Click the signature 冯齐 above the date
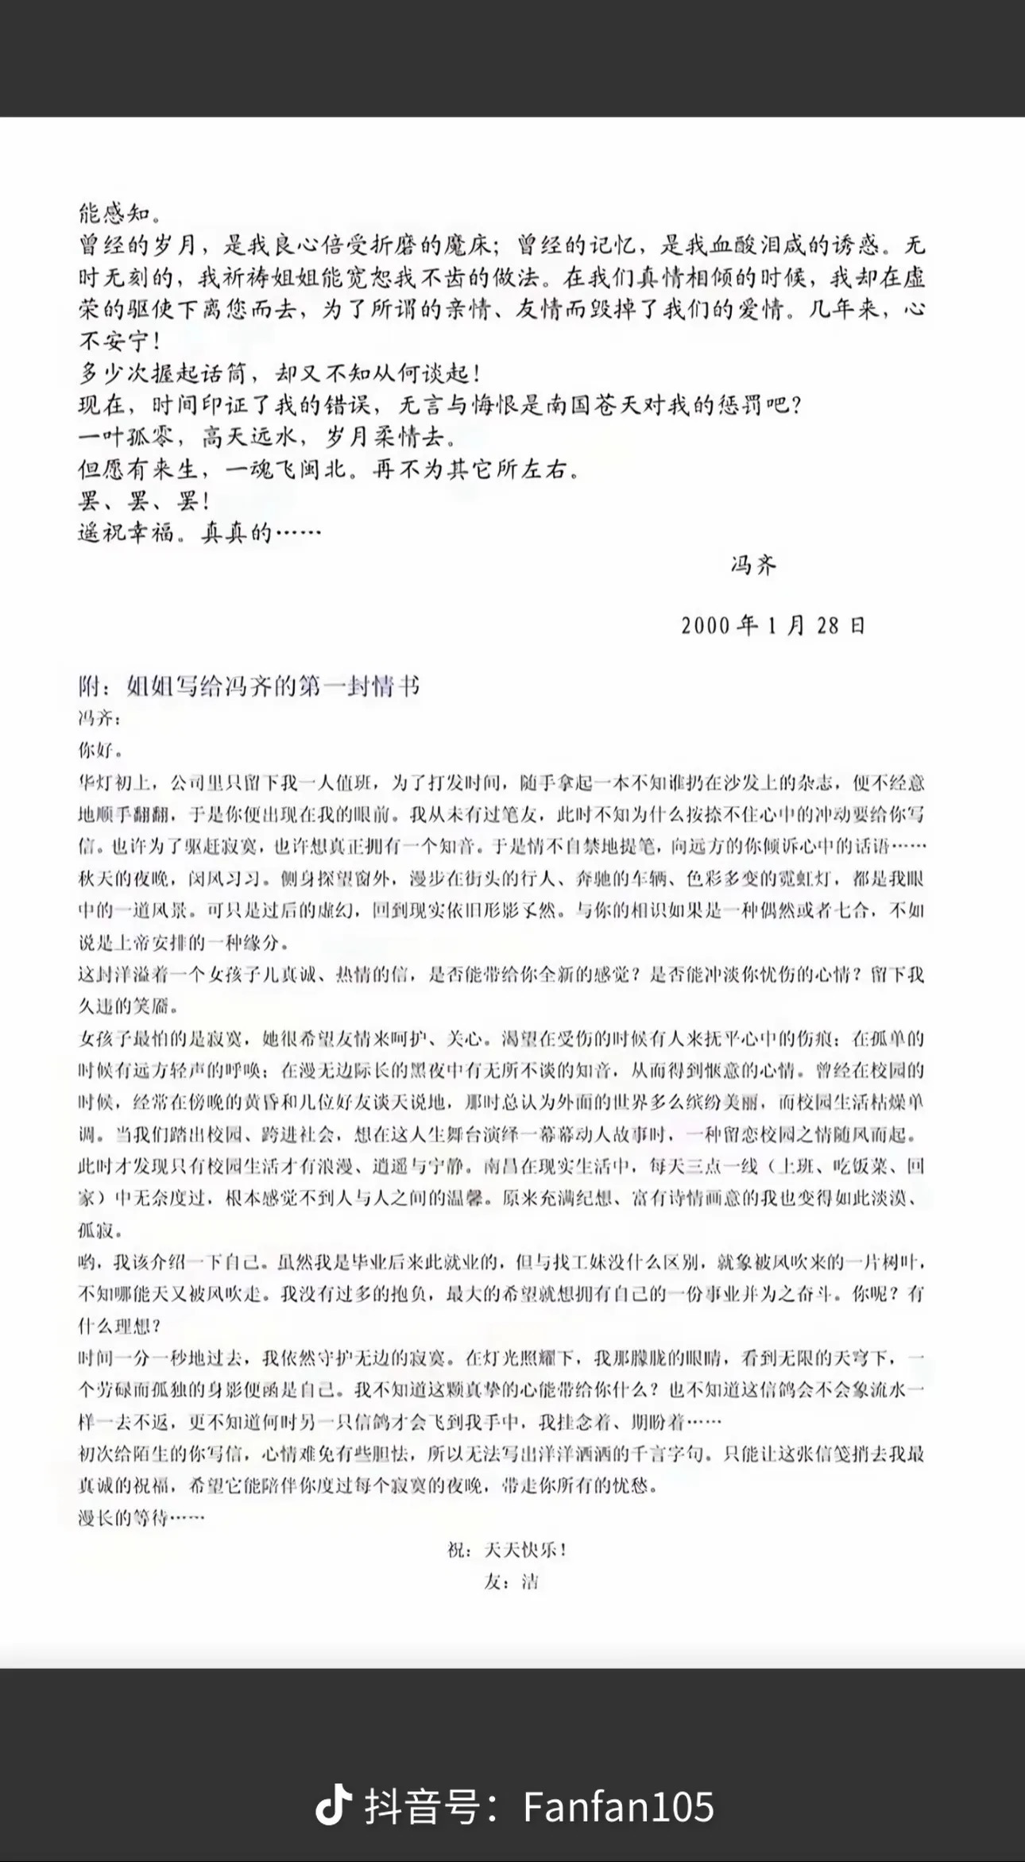coord(753,565)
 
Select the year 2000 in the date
coord(705,625)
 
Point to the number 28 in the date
coord(826,625)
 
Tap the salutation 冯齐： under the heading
coord(100,718)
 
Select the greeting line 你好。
coord(100,750)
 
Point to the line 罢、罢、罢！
coord(144,501)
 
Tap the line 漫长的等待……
coord(141,1518)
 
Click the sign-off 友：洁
coord(511,1582)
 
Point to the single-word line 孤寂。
coord(100,1231)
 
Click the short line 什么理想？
coord(120,1327)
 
